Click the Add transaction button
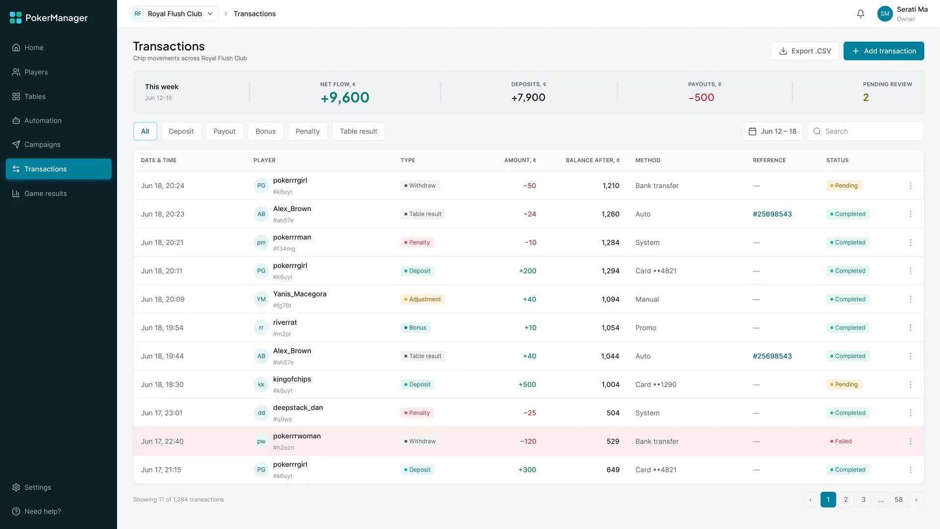884,51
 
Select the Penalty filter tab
307,131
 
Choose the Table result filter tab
358,131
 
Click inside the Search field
866,131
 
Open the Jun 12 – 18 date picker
773,131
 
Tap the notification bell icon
861,14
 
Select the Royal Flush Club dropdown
174,14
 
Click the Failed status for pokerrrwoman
841,441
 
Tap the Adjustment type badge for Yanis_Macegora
423,299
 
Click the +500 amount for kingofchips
527,385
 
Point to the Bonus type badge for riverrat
416,328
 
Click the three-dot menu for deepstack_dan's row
911,413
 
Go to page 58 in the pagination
898,500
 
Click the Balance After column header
592,160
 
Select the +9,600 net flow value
345,97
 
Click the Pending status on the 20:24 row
844,186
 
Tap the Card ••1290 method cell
656,385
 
